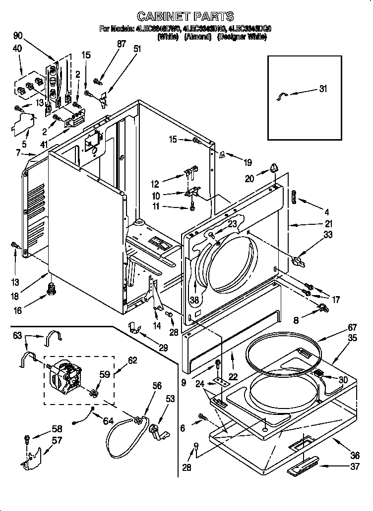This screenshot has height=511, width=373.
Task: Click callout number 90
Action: (17, 36)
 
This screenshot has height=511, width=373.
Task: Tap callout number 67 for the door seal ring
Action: (338, 327)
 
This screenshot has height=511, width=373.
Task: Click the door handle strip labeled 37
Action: (303, 466)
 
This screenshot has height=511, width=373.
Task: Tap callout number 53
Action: (170, 399)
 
